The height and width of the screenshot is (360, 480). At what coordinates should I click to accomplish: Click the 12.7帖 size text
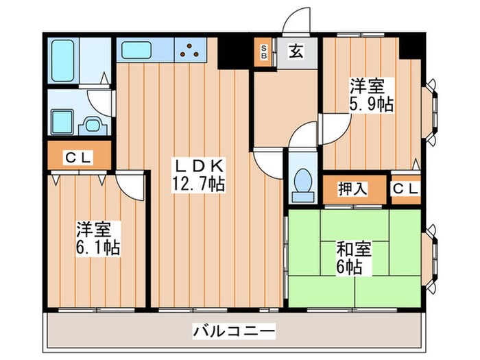point(198,183)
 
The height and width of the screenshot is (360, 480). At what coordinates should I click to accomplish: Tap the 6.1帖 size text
point(98,248)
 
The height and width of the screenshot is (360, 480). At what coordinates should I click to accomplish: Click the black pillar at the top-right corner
point(411,46)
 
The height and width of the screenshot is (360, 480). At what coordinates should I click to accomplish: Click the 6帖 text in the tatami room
point(353,267)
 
